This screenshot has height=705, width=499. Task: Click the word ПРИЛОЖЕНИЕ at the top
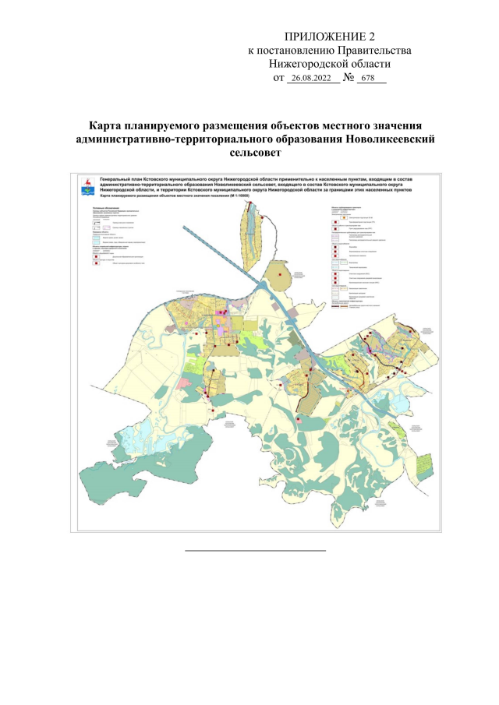(x=315, y=37)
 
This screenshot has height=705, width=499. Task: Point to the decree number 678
(x=369, y=79)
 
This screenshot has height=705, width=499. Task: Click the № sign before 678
(x=349, y=78)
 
